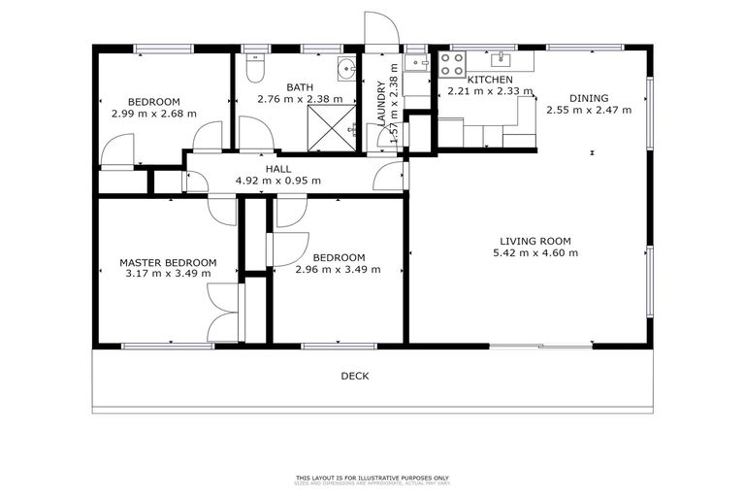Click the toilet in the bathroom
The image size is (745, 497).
[253, 69]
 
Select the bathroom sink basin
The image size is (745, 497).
[346, 68]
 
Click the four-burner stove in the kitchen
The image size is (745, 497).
[452, 64]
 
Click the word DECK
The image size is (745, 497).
[354, 376]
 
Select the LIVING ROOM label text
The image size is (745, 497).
[534, 241]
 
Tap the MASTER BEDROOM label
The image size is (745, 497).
[168, 262]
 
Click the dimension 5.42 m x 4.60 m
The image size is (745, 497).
[534, 253]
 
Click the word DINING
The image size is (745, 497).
[589, 97]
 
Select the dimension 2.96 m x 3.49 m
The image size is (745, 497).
[338, 269]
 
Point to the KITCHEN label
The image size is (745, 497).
[490, 80]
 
